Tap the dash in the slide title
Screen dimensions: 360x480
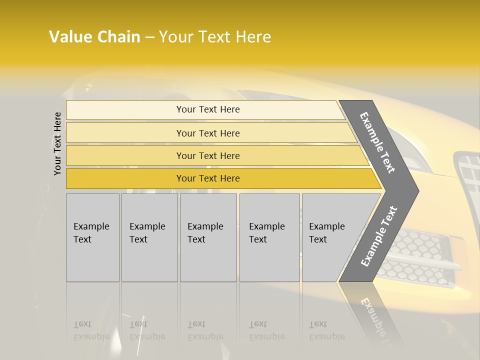pyautogui.click(x=149, y=37)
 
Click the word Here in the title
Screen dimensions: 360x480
pyautogui.click(x=253, y=37)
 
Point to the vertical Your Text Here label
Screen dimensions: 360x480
pyautogui.click(x=57, y=143)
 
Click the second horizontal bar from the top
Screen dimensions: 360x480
pyautogui.click(x=207, y=133)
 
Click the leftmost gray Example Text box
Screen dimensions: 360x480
pyautogui.click(x=92, y=237)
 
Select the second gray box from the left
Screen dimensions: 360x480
pyautogui.click(x=149, y=237)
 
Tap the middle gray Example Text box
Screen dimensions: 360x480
pyautogui.click(x=208, y=237)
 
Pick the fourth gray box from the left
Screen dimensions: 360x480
pyautogui.click(x=269, y=237)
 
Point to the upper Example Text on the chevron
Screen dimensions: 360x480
pyautogui.click(x=377, y=142)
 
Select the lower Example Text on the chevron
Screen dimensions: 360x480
pyautogui.click(x=378, y=236)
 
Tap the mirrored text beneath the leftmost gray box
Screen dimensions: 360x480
pyautogui.click(x=91, y=330)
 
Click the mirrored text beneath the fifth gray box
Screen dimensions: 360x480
pyautogui.click(x=326, y=330)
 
